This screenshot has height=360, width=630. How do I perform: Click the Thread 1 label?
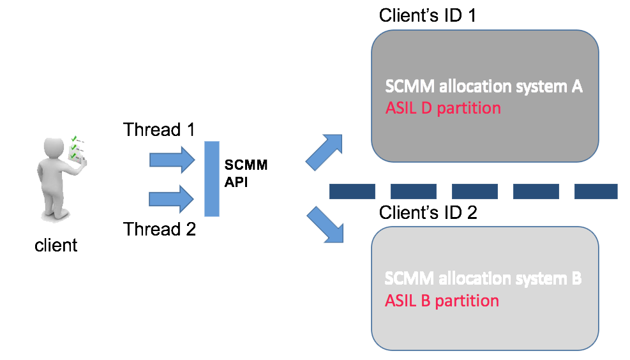159,130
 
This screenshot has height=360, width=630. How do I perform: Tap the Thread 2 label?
159,229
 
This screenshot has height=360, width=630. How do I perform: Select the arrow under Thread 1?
171,159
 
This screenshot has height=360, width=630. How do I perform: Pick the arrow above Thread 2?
171,199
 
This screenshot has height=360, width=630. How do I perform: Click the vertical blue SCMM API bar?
212,179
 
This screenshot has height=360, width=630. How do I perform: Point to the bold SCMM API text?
246,174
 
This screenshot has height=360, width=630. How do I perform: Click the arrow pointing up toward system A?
324,153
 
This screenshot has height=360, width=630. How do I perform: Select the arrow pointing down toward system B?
325,225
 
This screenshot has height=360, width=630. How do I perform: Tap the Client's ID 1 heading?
427,15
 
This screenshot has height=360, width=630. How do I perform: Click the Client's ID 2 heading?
427,213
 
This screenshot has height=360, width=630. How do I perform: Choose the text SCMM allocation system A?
483,86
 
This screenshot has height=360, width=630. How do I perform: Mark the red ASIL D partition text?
443,108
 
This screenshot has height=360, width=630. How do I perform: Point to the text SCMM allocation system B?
483,279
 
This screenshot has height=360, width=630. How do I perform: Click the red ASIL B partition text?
442,301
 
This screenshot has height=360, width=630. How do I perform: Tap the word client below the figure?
56,244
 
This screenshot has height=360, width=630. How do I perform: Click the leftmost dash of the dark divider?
352,191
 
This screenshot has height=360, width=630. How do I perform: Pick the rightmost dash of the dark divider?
596,191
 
